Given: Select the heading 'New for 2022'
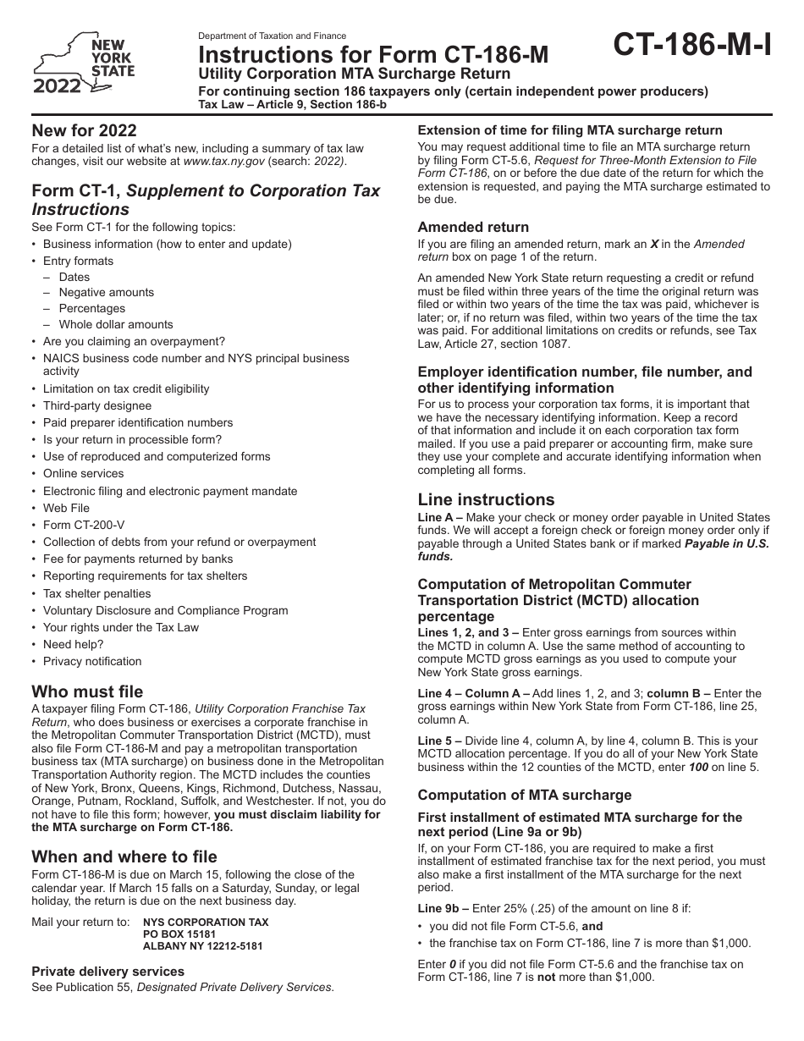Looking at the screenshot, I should pos(84,130).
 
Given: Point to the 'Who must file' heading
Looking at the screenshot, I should pos(87,691).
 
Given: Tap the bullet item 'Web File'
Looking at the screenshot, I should pos(66,508).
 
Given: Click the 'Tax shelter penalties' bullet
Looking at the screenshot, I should pos(96,593).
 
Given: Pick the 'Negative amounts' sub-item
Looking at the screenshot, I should pos(107,292).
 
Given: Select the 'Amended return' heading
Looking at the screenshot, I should pos(473,227).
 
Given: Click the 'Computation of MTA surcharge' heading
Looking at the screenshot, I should pos(525,795).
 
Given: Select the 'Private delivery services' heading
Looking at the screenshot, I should pos(107,972).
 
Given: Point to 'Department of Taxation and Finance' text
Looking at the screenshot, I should pos(272,36).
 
